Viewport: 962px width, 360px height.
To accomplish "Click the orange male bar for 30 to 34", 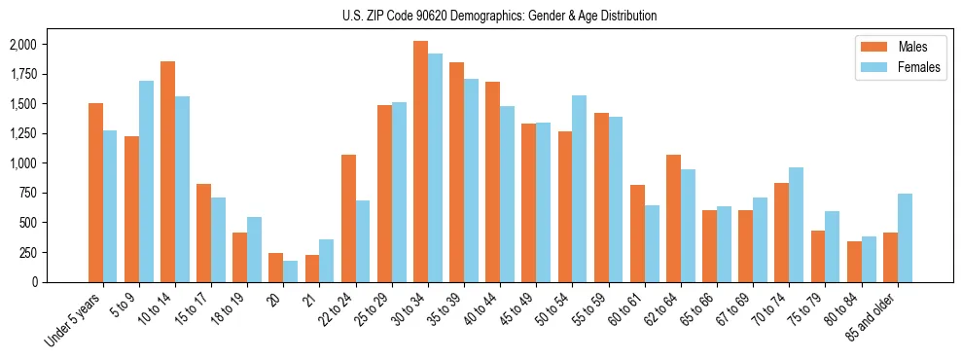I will coord(420,162).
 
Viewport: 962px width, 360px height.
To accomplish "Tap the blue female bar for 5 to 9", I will coord(146,181).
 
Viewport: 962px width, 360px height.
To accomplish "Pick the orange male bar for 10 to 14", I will coord(167,171).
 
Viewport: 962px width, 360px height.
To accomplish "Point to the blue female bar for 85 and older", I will coord(905,237).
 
